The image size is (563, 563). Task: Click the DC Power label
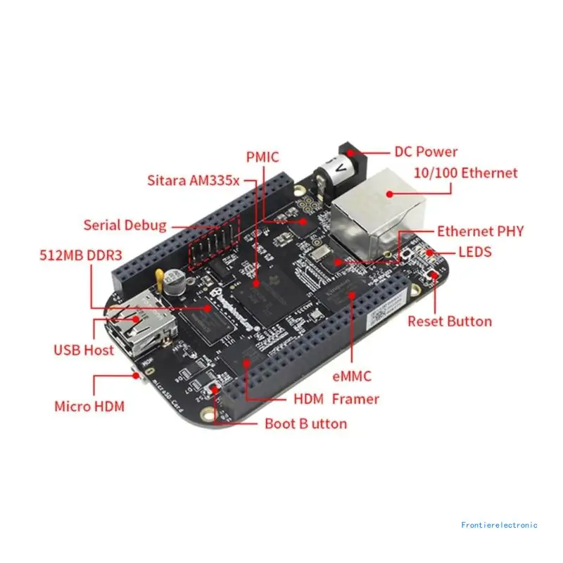[x=425, y=151]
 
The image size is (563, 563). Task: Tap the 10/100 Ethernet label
[x=466, y=173]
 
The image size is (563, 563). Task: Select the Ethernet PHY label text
[x=480, y=232]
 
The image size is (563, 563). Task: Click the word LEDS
[x=475, y=252]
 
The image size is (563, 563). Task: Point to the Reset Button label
[x=450, y=322]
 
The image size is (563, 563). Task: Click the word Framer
[x=355, y=399]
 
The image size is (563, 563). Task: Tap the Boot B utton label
[x=305, y=424]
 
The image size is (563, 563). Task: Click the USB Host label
[x=84, y=350]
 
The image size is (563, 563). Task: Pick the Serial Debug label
[x=125, y=225]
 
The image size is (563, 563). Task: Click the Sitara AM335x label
[x=194, y=179]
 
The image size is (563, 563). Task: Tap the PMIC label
[x=262, y=156]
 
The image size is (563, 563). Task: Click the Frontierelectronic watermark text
[x=500, y=525]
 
